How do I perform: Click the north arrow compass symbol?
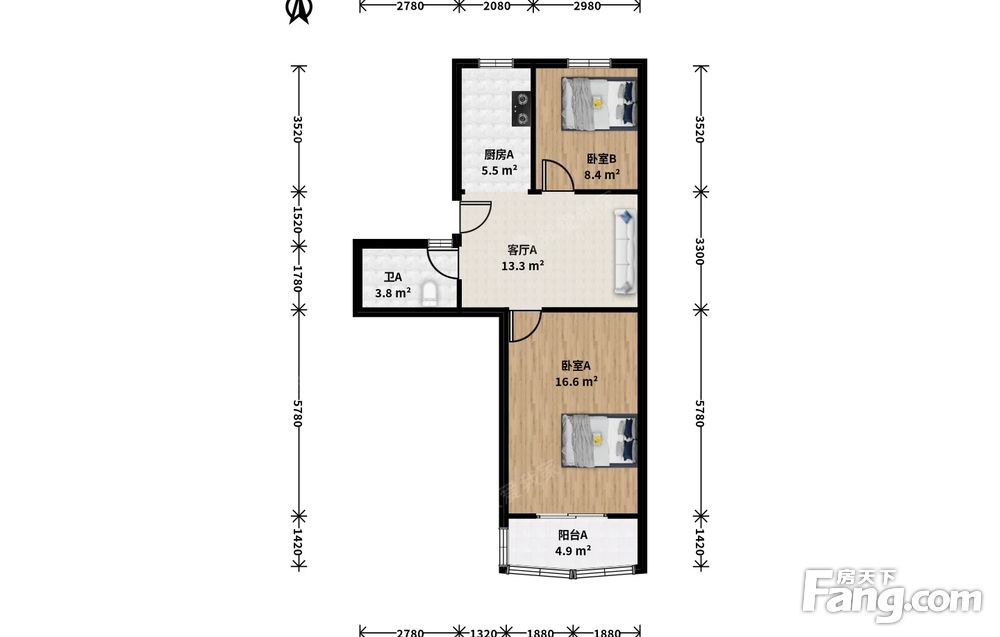coord(299,11)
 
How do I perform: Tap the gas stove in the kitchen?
coord(522,108)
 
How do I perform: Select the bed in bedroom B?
coord(599,104)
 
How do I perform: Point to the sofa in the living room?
coord(625,252)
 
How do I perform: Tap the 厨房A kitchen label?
coord(499,154)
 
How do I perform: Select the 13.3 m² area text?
coord(522,265)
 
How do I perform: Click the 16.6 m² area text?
coord(576,381)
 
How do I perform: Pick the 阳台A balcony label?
coord(573,536)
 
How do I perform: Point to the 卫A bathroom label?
coord(393,277)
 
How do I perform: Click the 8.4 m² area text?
coord(602,174)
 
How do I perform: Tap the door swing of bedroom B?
coord(557,175)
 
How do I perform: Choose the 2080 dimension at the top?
coord(497,6)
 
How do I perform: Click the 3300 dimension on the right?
coord(700,251)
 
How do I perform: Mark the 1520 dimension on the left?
coord(297,219)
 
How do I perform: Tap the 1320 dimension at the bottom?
coord(483,633)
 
